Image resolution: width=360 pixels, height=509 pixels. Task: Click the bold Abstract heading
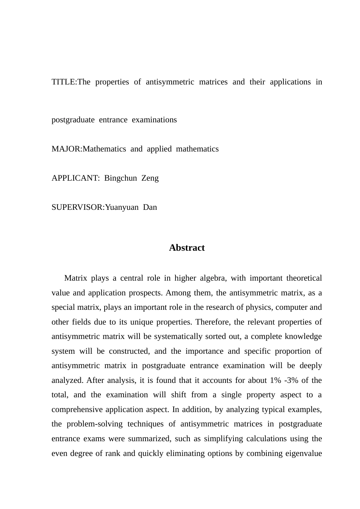tap(187, 248)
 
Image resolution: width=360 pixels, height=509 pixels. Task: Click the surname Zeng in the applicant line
tap(150, 178)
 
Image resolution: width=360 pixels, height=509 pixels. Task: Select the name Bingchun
tap(121, 178)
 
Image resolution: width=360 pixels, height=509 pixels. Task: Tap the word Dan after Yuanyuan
tap(150, 207)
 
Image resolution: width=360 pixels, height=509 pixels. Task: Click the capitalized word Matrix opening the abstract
tap(76, 278)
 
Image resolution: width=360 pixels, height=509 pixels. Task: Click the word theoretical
tap(304, 278)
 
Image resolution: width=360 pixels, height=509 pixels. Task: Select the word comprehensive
tap(77, 409)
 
